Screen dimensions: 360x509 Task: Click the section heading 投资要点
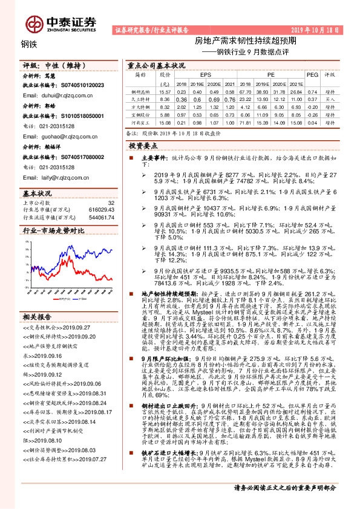(143, 146)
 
